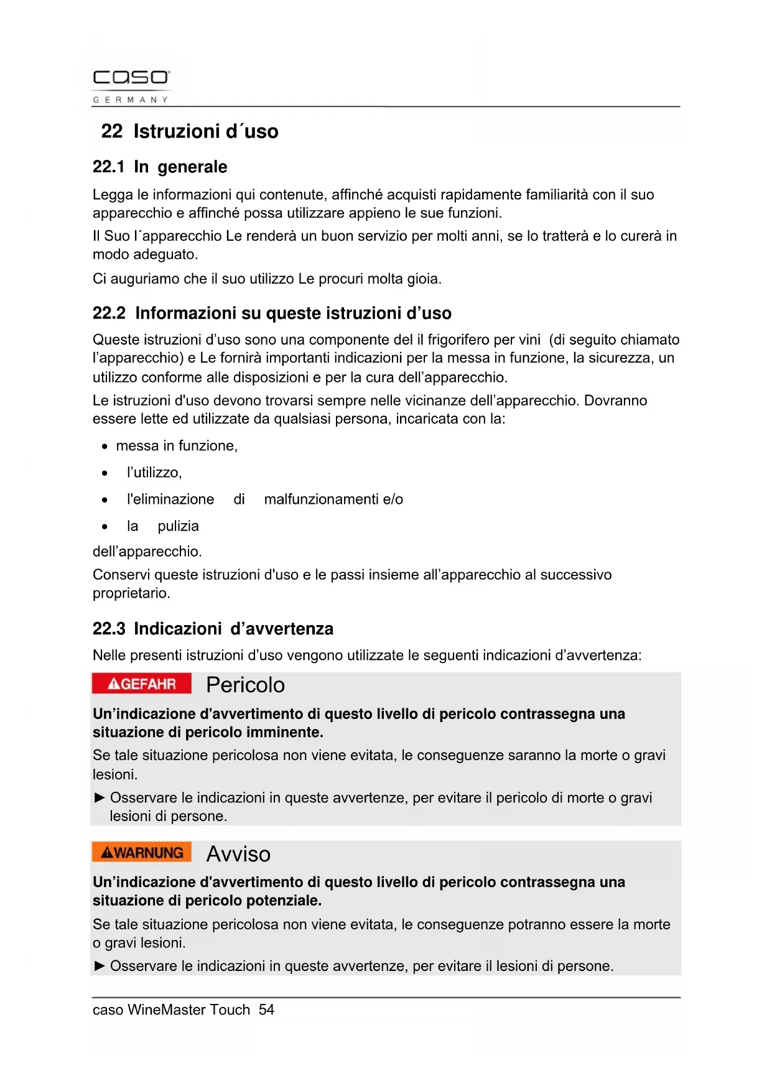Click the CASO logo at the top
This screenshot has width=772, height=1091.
point(131,78)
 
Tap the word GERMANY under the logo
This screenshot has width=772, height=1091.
point(131,100)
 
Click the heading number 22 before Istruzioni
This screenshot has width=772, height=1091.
point(112,131)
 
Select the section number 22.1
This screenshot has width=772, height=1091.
point(108,167)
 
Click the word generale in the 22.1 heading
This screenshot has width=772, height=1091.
point(192,167)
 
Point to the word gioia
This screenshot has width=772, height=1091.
point(424,279)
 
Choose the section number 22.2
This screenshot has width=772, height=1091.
point(109,313)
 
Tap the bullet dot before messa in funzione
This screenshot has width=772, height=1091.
point(105,447)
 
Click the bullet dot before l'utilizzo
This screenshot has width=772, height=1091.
point(105,473)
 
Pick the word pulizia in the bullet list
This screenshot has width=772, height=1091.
point(178,526)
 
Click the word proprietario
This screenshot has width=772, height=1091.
point(131,593)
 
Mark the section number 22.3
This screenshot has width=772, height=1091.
point(109,629)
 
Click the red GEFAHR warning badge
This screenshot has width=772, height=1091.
point(142,684)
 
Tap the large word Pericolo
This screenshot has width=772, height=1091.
point(245,685)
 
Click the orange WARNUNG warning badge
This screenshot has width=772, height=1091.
point(142,852)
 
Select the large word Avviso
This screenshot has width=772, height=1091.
point(238,854)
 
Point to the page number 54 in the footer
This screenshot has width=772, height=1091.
point(266,1010)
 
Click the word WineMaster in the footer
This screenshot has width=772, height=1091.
point(166,1010)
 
